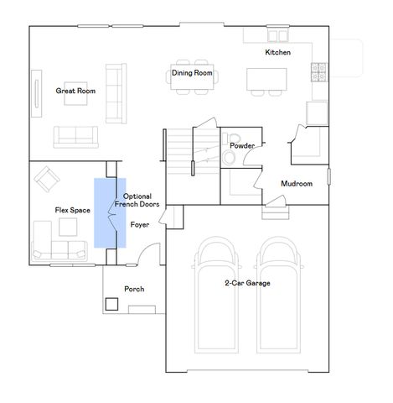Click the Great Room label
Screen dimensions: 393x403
click(x=75, y=91)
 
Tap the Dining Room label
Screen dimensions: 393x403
click(x=192, y=73)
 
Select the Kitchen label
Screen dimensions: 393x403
click(x=277, y=52)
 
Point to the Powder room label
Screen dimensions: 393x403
click(x=242, y=145)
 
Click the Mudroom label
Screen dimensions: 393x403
click(x=297, y=184)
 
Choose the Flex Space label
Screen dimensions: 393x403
click(x=73, y=210)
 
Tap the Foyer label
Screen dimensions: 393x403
click(x=140, y=225)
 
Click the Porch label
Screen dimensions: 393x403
click(x=134, y=289)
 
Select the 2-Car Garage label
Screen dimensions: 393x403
click(x=247, y=283)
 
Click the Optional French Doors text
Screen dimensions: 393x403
click(x=137, y=200)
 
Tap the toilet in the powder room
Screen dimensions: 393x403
click(x=233, y=138)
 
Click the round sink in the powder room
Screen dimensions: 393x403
click(x=230, y=157)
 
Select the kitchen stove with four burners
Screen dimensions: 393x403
click(x=319, y=72)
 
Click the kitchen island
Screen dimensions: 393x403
click(x=266, y=79)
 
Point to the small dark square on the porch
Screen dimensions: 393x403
click(x=111, y=304)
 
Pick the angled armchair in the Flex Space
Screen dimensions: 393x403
click(x=47, y=180)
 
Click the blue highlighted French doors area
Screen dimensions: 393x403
click(x=110, y=213)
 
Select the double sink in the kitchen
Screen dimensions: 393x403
click(x=278, y=36)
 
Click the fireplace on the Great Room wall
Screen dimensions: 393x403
click(x=37, y=93)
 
